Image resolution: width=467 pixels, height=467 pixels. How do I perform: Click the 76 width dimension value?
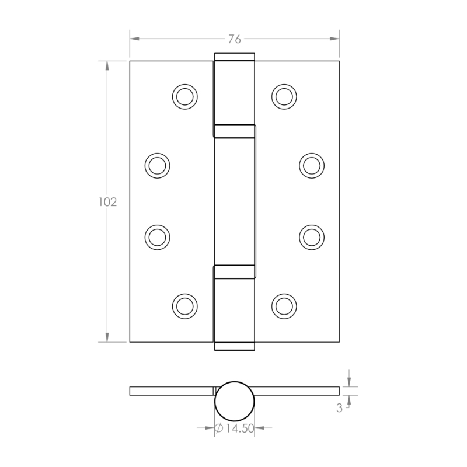click(x=235, y=39)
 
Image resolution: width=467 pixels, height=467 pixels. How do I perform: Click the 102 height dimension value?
click(x=107, y=202)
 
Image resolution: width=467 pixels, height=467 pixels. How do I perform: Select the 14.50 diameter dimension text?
click(x=239, y=428)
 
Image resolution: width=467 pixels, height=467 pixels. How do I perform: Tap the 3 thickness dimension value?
click(x=339, y=408)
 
